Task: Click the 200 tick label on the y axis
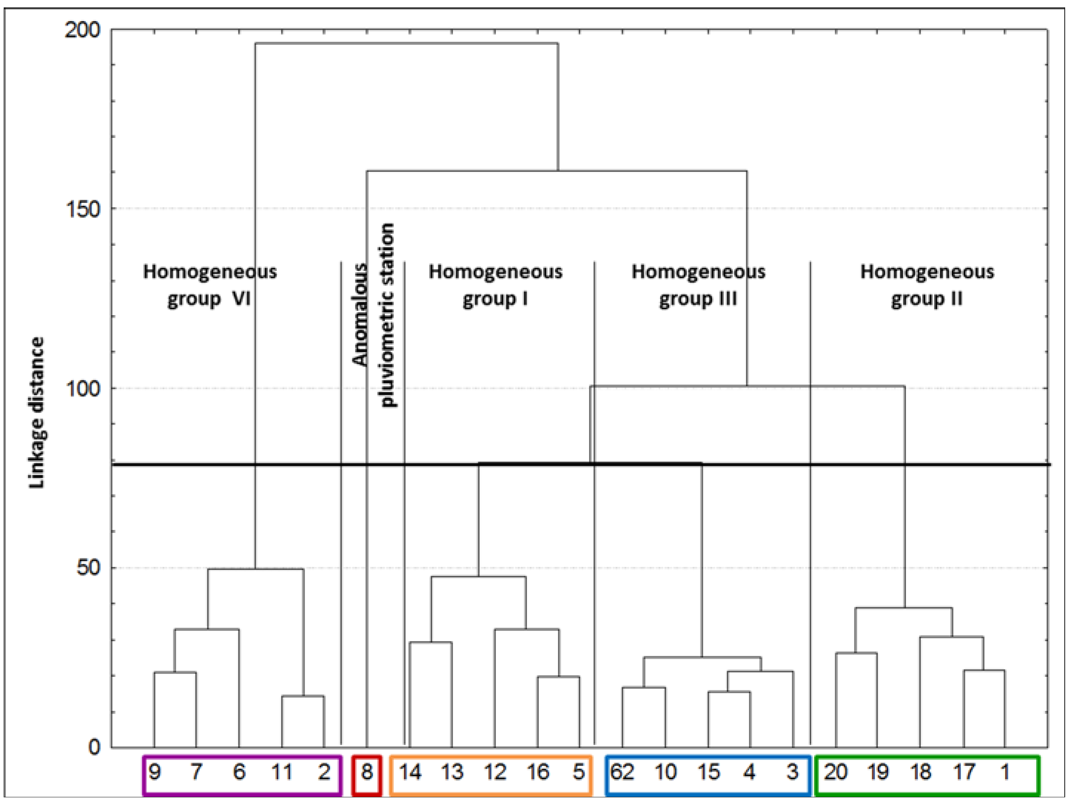pos(82,31)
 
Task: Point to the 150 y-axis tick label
pos(82,210)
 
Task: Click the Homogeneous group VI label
pos(210,285)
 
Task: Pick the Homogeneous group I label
pos(495,285)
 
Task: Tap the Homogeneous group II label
pos(927,285)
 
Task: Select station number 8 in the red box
pos(367,772)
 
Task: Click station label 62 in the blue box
pos(622,772)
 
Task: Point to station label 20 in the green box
pos(835,772)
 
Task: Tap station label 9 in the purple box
pos(154,772)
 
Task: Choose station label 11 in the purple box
pos(281,772)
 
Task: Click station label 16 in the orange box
pos(537,772)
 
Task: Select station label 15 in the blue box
pos(708,772)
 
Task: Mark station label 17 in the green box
pos(964,772)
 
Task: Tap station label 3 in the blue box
pos(792,772)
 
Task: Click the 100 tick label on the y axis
pos(82,389)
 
